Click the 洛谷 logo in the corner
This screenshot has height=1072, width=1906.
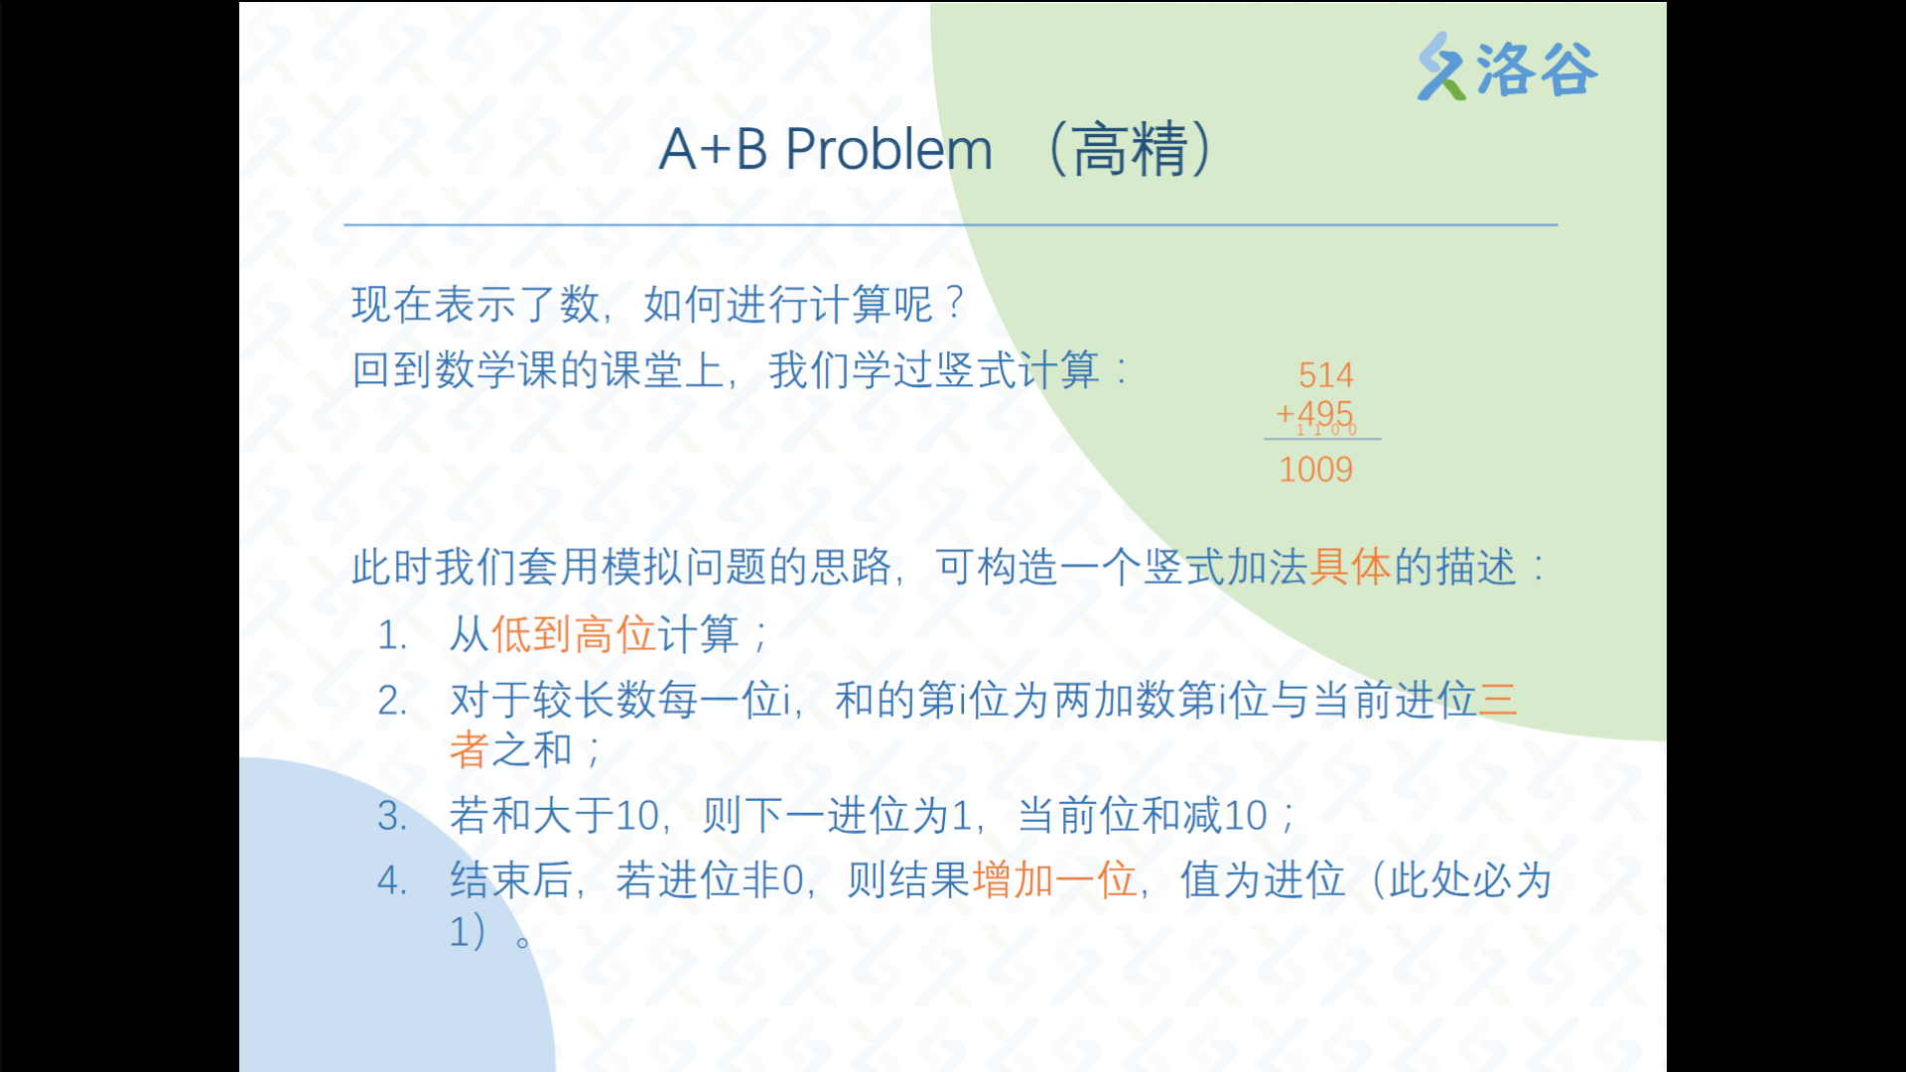1507,67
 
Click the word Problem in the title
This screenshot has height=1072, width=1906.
888,150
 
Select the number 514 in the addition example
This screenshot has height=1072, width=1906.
1325,375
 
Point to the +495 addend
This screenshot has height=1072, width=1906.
1314,413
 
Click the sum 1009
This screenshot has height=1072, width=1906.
1315,469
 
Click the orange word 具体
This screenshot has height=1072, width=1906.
1351,567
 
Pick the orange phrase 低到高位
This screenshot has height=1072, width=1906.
573,633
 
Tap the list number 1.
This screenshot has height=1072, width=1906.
392,635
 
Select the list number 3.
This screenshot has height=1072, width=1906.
392,816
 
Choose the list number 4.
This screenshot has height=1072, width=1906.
392,880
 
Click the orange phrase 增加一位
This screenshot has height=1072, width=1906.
1054,879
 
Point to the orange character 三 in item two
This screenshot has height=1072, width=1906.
1498,700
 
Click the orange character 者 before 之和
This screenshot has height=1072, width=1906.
470,748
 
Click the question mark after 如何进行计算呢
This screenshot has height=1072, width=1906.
955,302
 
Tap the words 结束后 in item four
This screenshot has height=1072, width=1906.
511,879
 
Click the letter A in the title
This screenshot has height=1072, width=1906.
677,150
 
